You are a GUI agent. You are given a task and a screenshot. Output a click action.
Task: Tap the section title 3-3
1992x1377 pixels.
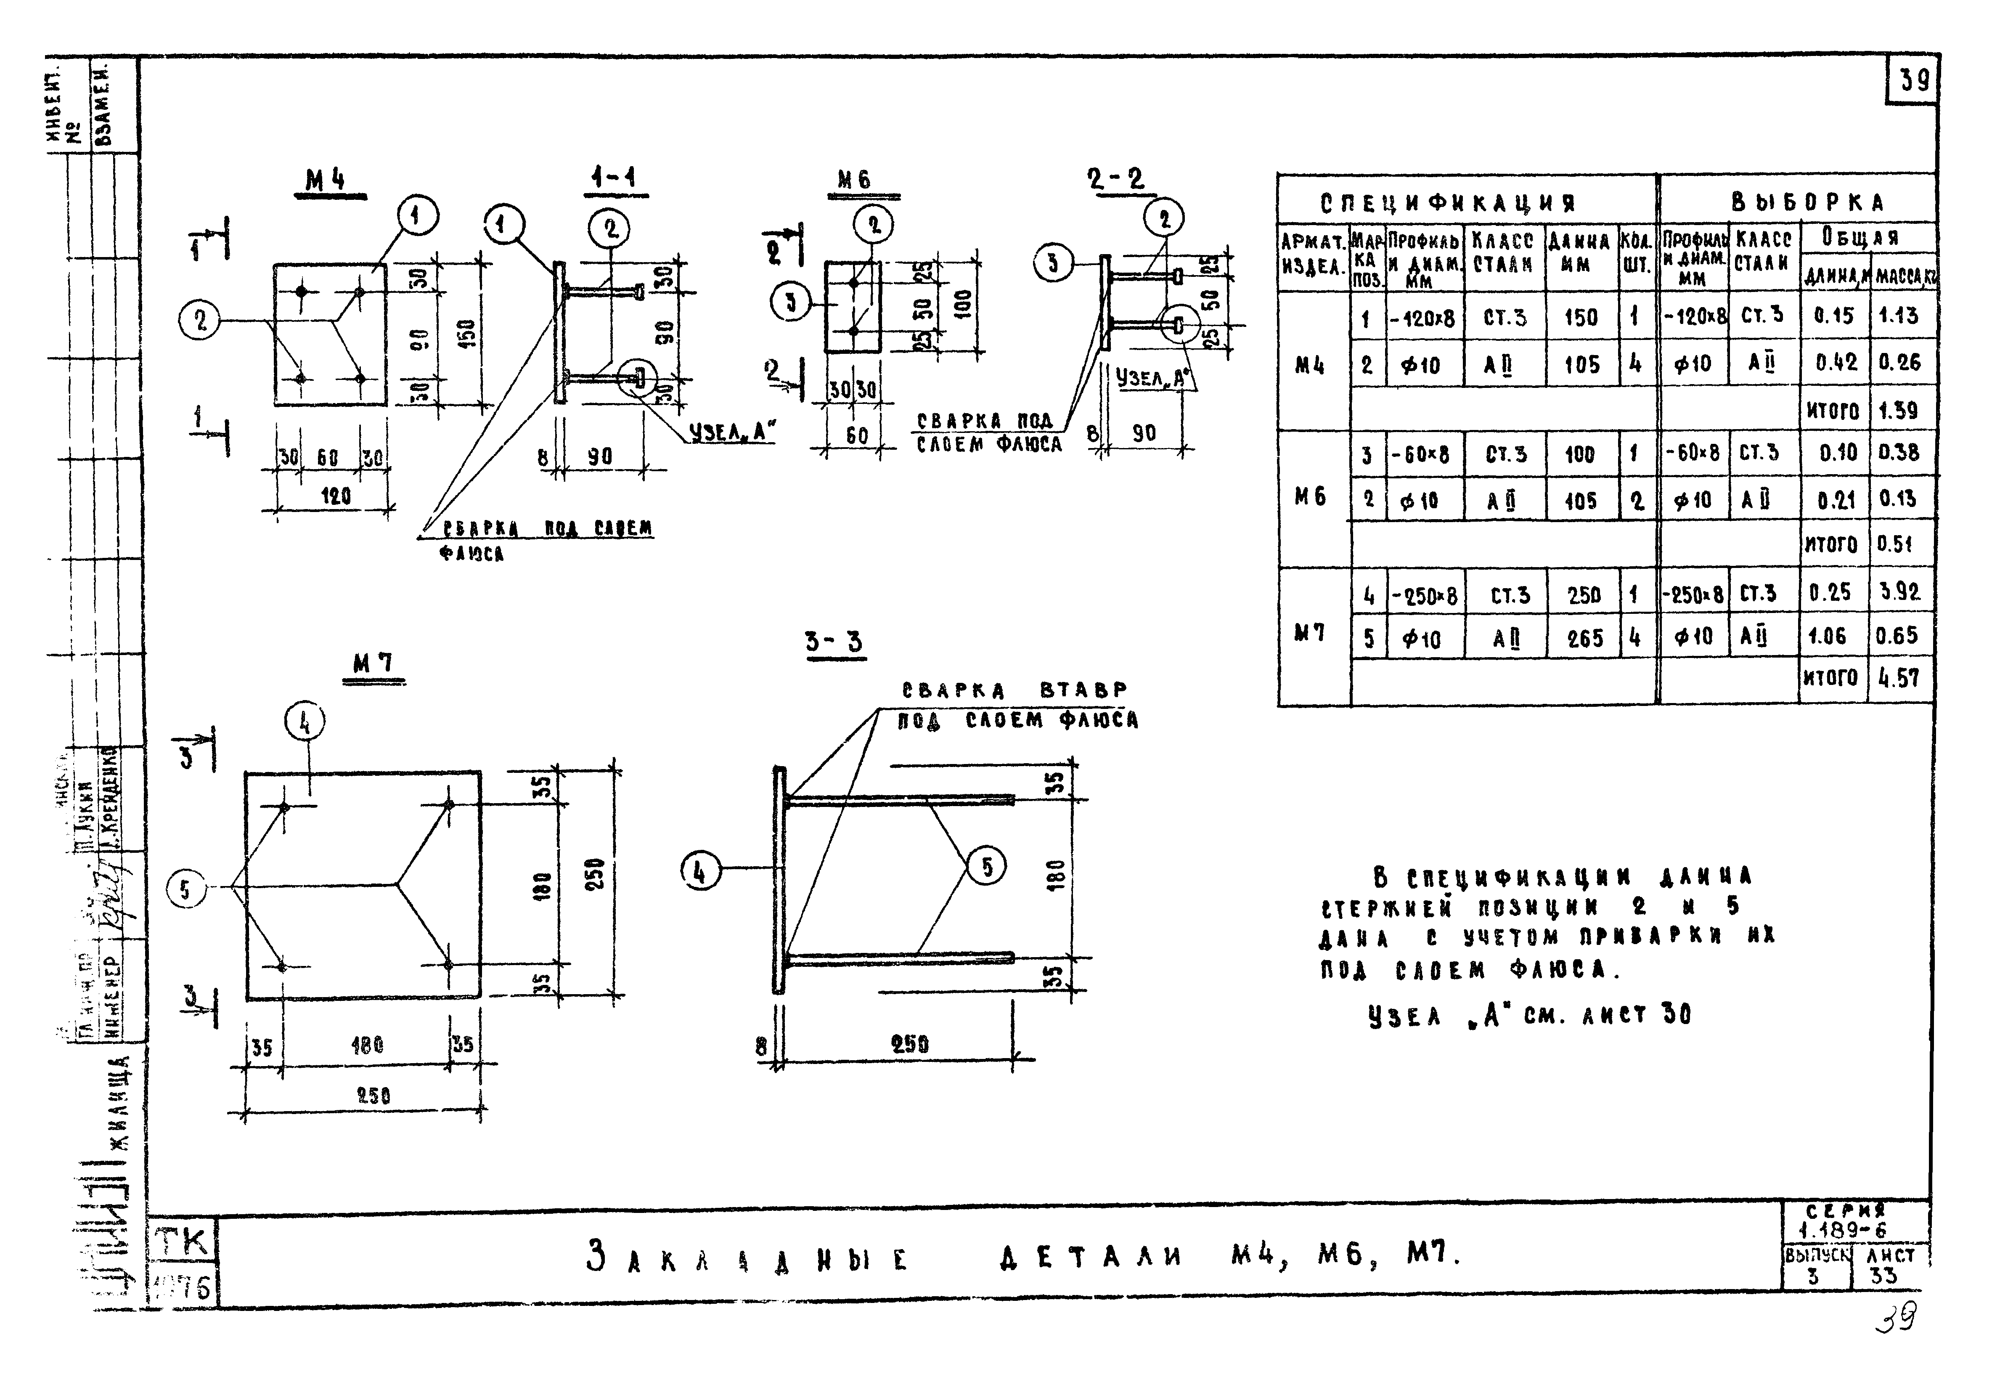[x=833, y=642]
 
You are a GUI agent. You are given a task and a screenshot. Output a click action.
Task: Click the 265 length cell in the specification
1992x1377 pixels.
[x=1584, y=639]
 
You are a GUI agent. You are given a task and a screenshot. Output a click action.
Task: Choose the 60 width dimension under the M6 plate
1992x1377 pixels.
[x=856, y=436]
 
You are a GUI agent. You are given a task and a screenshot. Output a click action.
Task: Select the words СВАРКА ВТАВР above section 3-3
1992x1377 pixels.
[x=1014, y=690]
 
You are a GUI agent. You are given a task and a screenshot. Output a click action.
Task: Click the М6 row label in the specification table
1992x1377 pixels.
[x=1310, y=497]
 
